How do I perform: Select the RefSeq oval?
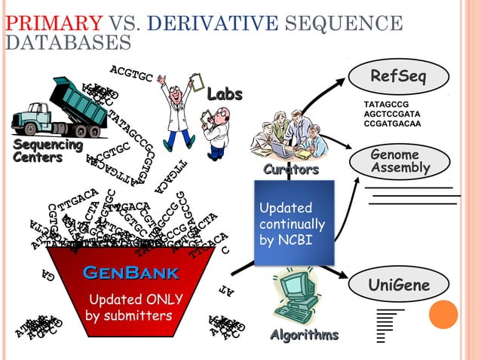click(x=399, y=78)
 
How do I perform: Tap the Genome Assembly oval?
click(x=400, y=161)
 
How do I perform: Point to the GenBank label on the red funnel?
click(x=130, y=273)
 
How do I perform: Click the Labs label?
click(x=225, y=94)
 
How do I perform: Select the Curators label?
click(x=290, y=170)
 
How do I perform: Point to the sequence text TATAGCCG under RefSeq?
click(x=386, y=102)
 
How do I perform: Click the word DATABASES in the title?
click(x=68, y=41)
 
